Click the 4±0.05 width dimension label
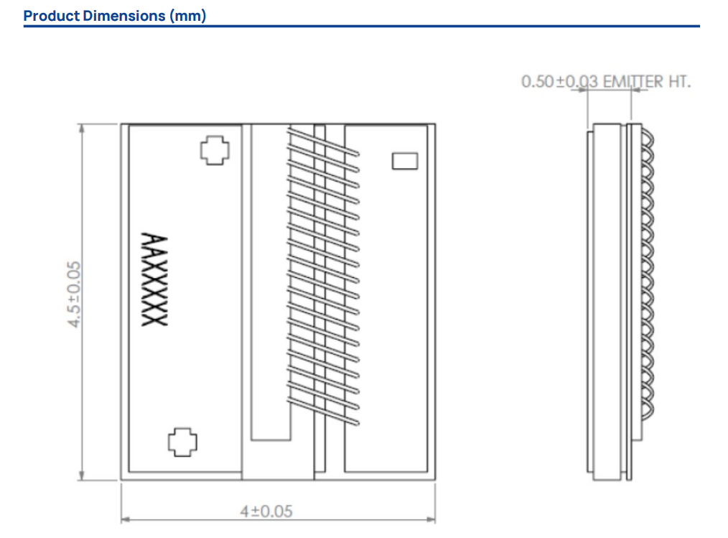coord(266,511)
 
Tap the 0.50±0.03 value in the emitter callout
coord(560,82)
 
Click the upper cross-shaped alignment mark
coord(214,150)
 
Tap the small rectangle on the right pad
coord(405,160)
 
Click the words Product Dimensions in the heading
coord(94,16)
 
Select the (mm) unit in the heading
coord(188,16)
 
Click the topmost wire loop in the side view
coord(647,134)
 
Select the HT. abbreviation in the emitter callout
coord(678,82)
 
